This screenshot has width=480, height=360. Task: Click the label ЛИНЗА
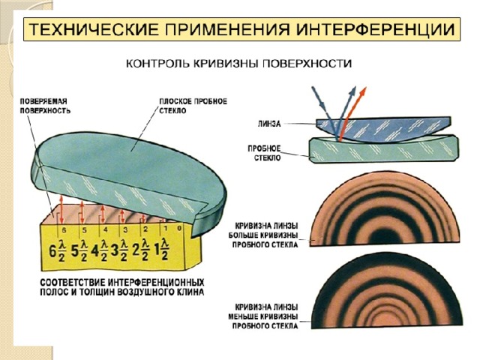tap(269, 124)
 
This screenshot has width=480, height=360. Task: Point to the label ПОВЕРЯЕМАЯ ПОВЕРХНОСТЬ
tap(45, 106)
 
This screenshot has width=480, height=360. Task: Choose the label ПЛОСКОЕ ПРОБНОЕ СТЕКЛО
tap(193, 106)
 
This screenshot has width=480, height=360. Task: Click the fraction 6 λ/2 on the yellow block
tap(58, 250)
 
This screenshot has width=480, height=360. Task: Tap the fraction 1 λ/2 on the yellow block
tap(162, 248)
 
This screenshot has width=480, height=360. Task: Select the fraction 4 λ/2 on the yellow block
tap(100, 250)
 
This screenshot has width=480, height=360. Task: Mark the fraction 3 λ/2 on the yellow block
tap(119, 250)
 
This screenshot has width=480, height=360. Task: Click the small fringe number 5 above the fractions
tap(85, 230)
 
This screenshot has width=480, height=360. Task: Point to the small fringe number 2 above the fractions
tap(145, 229)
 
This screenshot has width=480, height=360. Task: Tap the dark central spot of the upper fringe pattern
tap(384, 237)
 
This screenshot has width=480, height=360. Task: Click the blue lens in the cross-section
tap(383, 129)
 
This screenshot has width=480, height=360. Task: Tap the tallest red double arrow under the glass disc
tap(61, 210)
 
